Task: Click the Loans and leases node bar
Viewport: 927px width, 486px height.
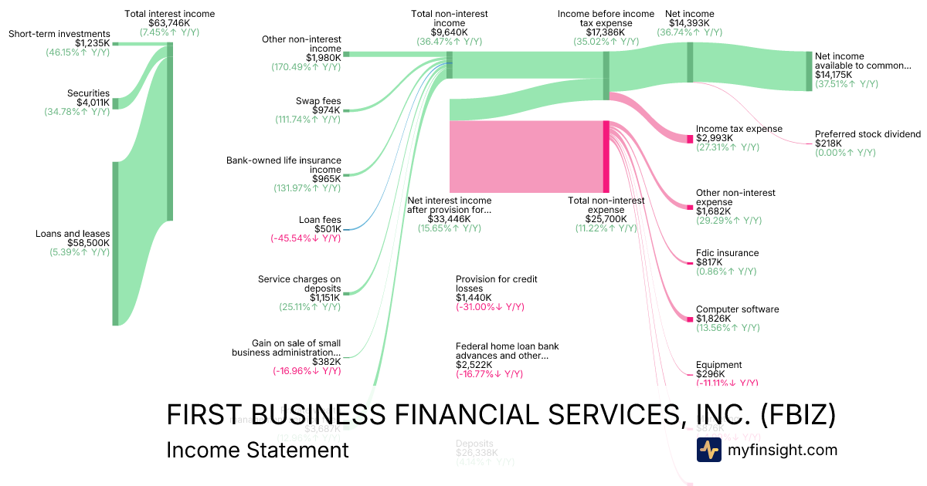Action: (x=115, y=244)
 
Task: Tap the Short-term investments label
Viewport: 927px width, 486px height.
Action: (x=59, y=34)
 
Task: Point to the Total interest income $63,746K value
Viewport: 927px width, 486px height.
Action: (x=169, y=24)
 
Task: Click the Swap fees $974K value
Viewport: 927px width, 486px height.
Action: (x=326, y=110)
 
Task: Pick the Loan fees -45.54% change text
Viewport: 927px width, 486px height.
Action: (x=305, y=238)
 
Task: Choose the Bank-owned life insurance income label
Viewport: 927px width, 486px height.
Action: (x=284, y=165)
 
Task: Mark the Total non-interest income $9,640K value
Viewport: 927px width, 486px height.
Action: (x=450, y=32)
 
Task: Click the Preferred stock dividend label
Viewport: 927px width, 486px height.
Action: (x=868, y=134)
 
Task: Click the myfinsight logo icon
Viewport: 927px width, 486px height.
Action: (x=709, y=450)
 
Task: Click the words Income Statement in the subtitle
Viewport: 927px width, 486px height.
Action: (x=257, y=450)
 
